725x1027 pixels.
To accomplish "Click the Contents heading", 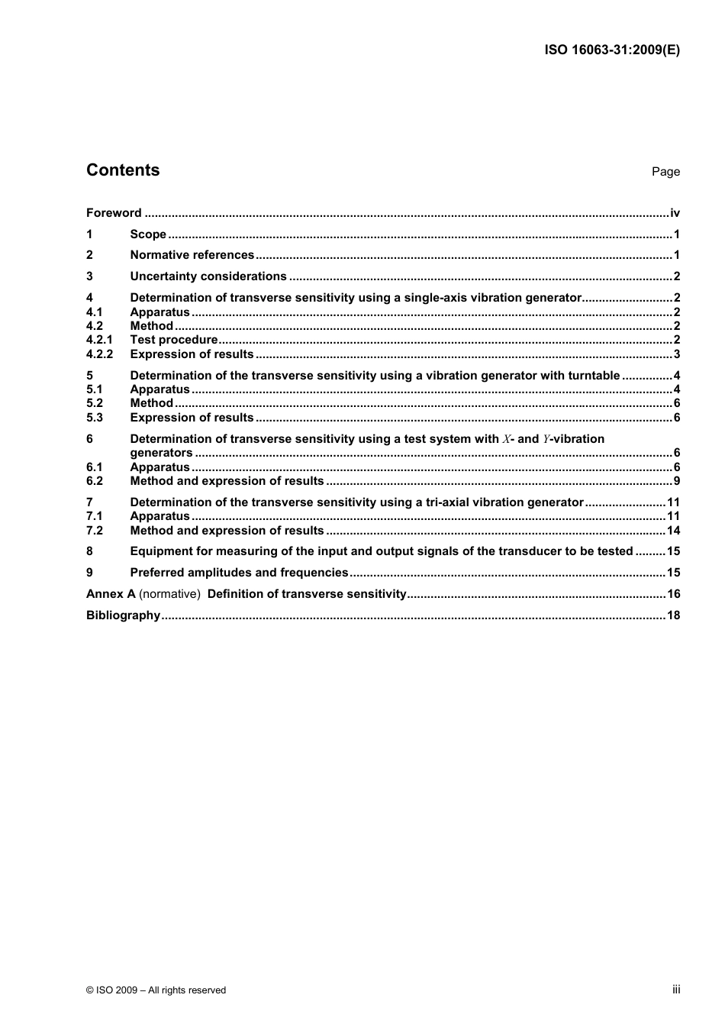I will (123, 170).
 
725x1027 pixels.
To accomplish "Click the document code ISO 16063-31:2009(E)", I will (611, 50).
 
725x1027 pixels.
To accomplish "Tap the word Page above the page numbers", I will (665, 172).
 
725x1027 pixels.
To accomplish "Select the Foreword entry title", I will (114, 213).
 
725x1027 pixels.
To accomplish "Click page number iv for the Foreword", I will (675, 213).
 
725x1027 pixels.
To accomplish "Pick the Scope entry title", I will (148, 234).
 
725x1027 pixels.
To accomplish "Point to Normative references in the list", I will (192, 255).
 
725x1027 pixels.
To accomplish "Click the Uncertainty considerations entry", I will (208, 276).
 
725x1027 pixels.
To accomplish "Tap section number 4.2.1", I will (99, 340).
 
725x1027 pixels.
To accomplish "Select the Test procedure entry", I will (174, 340).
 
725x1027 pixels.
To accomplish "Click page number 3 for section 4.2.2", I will (677, 354).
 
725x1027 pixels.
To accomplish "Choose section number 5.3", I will (95, 418).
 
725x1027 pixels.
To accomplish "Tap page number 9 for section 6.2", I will (677, 481).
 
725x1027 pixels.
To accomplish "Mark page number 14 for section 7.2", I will (673, 531).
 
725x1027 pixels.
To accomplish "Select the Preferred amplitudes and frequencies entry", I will (239, 573).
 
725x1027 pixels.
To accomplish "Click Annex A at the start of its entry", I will (111, 594).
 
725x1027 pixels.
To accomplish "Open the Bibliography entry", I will (123, 615).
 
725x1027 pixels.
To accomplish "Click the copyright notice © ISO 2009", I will (156, 990).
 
